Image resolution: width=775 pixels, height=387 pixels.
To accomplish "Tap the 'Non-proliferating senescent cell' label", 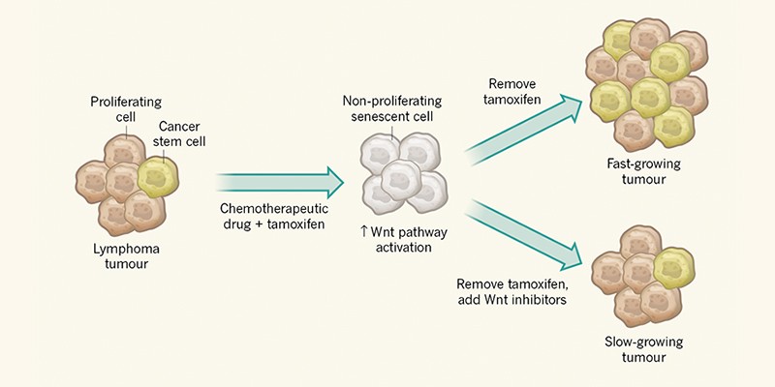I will click(391, 108).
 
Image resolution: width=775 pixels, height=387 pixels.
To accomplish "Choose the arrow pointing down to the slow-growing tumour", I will click(528, 232).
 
